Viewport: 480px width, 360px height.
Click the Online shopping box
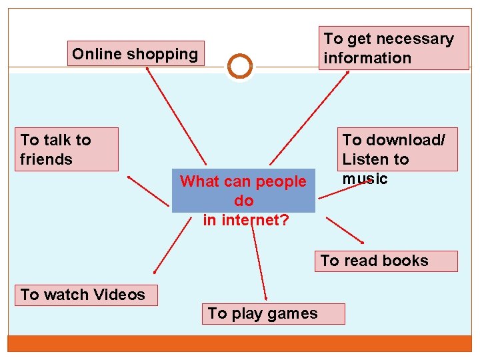point(135,54)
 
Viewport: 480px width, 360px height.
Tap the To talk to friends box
point(68,149)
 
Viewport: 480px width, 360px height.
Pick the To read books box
point(386,261)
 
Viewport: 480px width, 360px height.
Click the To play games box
point(273,313)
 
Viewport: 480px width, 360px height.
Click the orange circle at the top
point(240,66)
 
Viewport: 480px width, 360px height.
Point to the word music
point(365,178)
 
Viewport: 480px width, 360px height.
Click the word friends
point(46,159)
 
